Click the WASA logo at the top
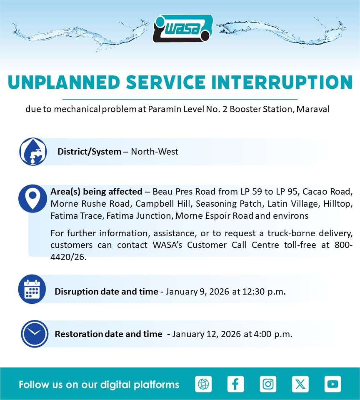[x=182, y=28]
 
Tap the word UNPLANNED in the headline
[x=64, y=82]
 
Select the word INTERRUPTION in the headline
[x=282, y=82]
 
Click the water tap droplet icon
[x=33, y=152]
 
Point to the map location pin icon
[x=32, y=198]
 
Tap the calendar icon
[x=32, y=289]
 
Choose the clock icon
[x=35, y=334]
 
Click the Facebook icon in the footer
[x=235, y=384]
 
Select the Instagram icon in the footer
[x=268, y=384]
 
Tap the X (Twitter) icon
[x=300, y=384]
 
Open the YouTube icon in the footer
[x=332, y=384]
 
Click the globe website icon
[x=203, y=384]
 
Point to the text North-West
[x=155, y=152]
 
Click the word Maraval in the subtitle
[x=313, y=109]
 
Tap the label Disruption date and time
[x=106, y=292]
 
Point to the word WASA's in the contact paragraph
[x=167, y=245]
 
